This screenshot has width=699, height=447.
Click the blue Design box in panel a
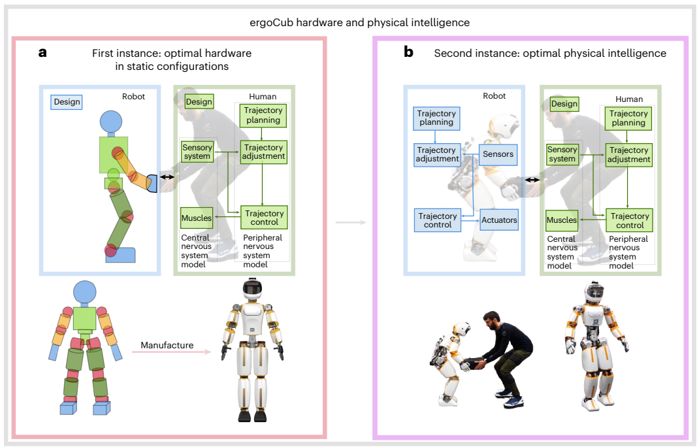pos(67,102)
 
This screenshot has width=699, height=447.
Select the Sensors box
pos(498,154)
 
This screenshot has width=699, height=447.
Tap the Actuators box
pos(499,220)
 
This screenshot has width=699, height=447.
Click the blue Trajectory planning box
pos(436,118)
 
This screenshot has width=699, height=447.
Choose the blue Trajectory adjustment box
pos(437,155)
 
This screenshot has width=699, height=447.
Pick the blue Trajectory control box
pos(437,220)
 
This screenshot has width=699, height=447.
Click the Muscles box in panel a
pos(197,218)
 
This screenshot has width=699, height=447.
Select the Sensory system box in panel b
pos(562,154)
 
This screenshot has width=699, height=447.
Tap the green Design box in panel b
pos(564,104)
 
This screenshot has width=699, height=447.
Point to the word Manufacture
pos(167,345)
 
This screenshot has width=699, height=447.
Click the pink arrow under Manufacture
pos(171,352)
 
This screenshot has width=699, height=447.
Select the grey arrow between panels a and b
pos(350,222)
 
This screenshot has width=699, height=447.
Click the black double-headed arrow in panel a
pos(168,177)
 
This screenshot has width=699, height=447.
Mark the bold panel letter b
pos(408,52)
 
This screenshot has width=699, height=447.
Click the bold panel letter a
pos(42,53)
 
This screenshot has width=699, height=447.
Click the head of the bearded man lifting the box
pos(491,321)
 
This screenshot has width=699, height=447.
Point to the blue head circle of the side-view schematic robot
pos(111,121)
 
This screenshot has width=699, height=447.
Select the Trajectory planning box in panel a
pos(263,115)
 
